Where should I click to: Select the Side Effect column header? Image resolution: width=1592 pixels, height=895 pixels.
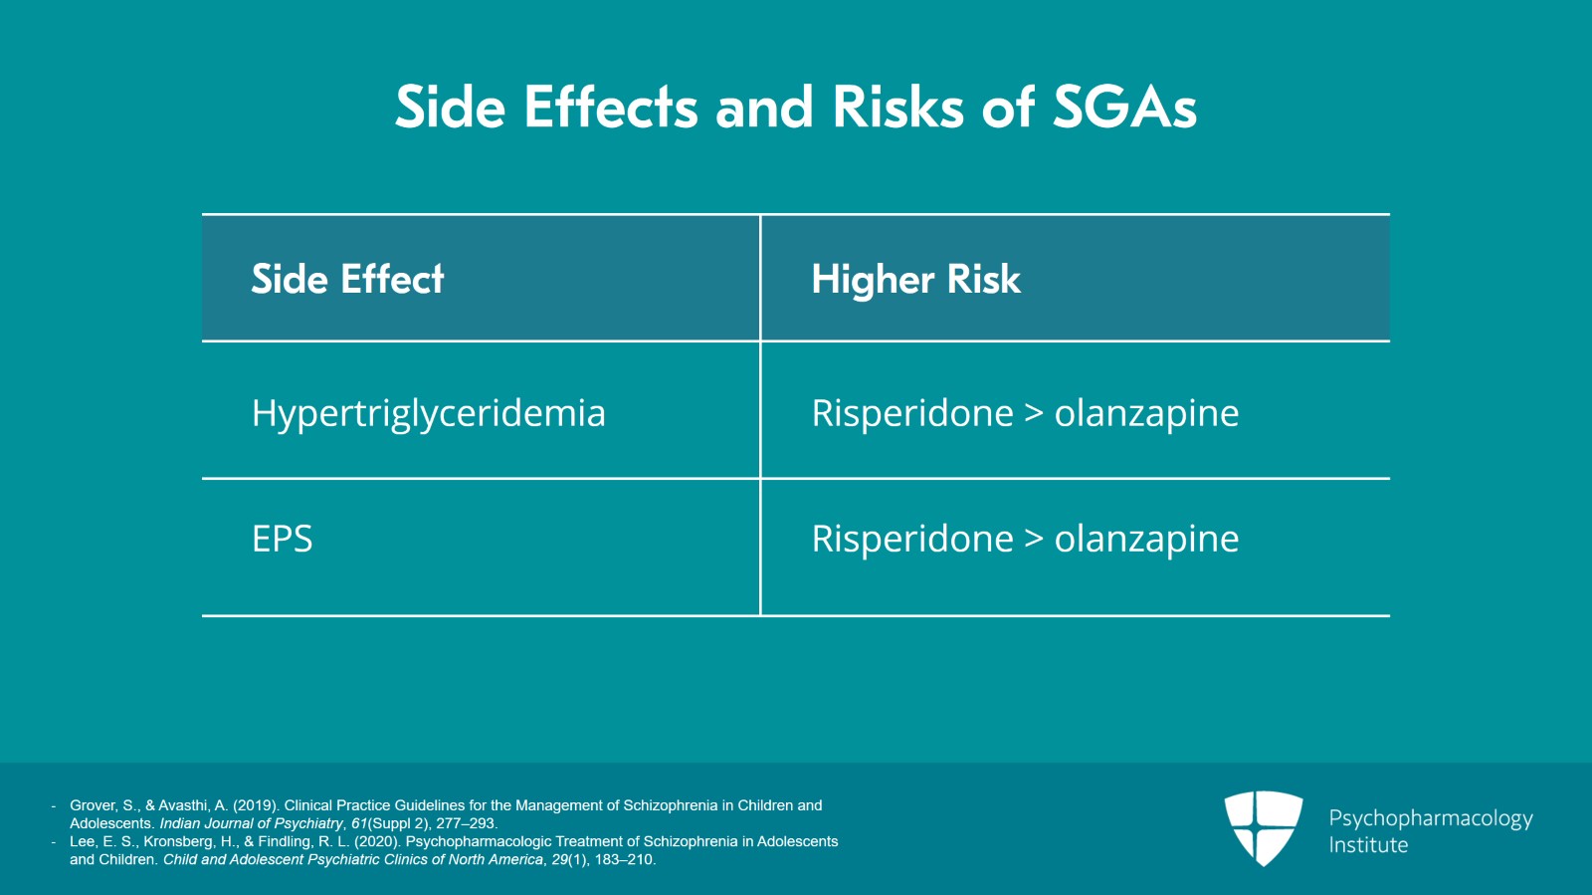point(347,278)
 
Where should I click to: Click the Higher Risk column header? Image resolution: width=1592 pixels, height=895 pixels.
point(915,278)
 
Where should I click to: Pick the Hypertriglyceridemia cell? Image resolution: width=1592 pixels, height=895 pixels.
point(429,413)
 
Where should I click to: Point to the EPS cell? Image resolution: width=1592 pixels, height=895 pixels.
point(283,539)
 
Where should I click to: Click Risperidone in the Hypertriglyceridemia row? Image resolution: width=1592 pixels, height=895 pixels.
point(912,413)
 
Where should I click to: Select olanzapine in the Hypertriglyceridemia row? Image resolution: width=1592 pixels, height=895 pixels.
point(1146,413)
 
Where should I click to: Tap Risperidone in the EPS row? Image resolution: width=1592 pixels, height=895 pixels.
point(912,539)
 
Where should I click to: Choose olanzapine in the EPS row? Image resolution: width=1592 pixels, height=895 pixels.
point(1146,539)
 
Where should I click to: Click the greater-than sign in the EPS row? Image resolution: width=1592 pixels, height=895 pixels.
point(1034,539)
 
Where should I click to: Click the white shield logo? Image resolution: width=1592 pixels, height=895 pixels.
point(1263,828)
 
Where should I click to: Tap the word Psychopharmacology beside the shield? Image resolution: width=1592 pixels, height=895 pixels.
point(1431,818)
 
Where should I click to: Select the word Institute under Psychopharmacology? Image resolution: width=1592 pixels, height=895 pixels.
point(1368,844)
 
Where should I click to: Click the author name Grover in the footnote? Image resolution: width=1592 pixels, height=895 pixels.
point(94,805)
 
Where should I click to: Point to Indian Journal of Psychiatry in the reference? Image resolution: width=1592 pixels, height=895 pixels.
point(251,823)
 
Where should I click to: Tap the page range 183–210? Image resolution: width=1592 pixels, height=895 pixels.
point(623,859)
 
